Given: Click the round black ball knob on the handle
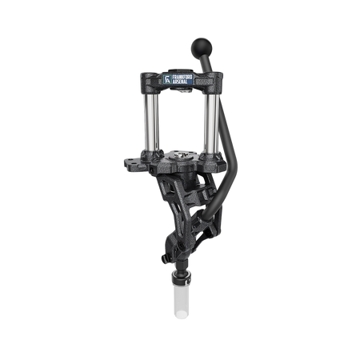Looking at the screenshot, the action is click(x=202, y=47).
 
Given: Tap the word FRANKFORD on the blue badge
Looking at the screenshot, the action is click(x=182, y=78).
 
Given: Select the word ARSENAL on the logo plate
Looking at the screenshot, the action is click(x=180, y=82).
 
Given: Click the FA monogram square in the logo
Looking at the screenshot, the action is click(x=167, y=79).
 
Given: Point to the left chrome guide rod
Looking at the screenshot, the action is click(x=151, y=122).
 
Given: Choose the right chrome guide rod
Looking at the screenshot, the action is click(x=212, y=123).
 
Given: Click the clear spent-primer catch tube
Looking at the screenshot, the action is click(x=182, y=301).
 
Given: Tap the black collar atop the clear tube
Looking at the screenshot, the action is click(x=182, y=279).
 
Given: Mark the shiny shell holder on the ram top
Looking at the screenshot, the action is click(x=182, y=154).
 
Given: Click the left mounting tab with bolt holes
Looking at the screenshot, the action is click(x=133, y=162).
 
